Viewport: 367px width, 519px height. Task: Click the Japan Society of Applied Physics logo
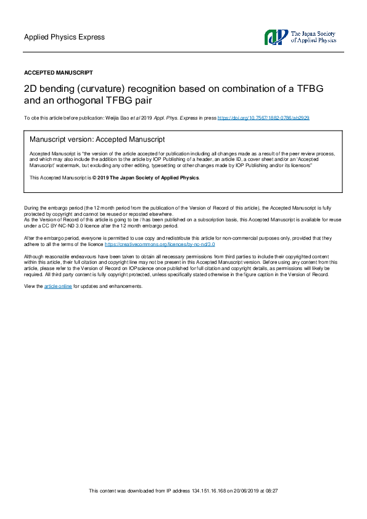coord(276,37)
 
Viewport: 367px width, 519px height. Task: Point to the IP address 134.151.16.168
coord(191,491)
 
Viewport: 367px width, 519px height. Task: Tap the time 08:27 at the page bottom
coord(271,491)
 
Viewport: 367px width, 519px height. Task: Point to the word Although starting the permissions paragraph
coord(34,256)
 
